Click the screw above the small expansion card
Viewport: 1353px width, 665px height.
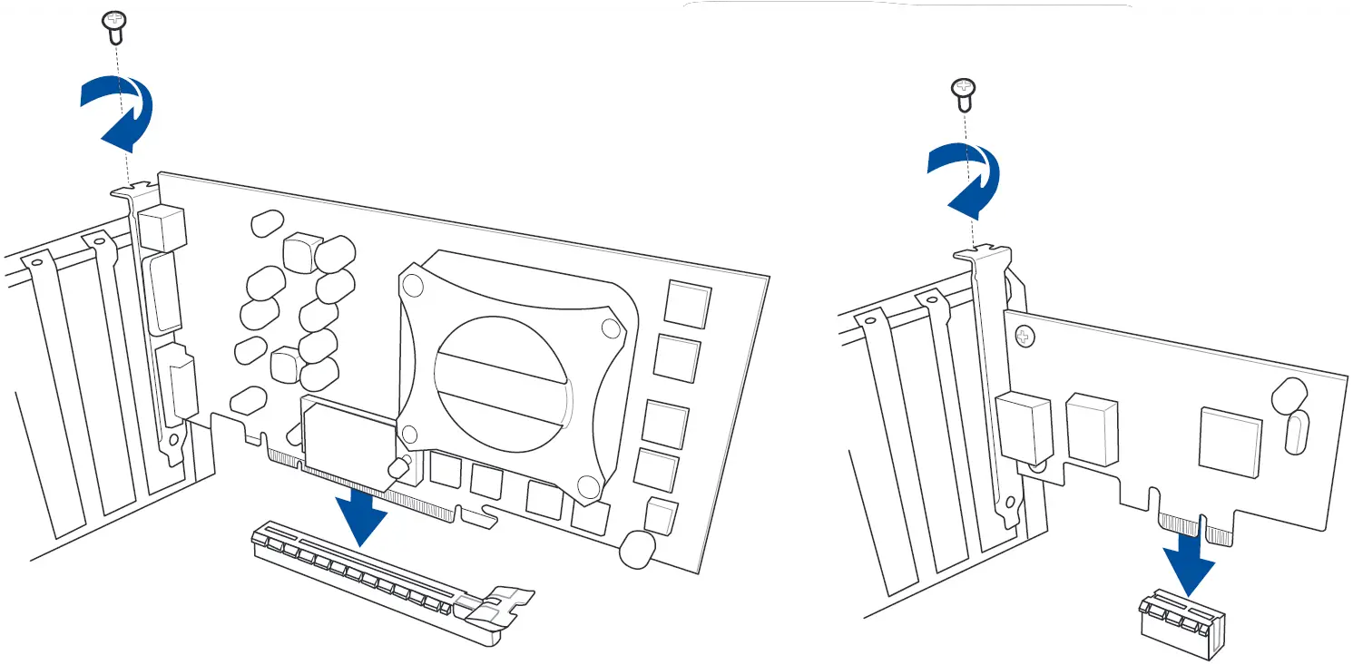click(964, 92)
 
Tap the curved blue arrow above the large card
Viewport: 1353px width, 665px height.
click(123, 112)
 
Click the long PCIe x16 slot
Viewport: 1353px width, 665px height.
click(363, 581)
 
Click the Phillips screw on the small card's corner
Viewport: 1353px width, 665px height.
click(1025, 337)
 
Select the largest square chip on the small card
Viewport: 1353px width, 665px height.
click(1230, 442)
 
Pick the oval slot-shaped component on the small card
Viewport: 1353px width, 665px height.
click(1298, 432)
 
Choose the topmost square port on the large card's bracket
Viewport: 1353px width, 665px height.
click(162, 227)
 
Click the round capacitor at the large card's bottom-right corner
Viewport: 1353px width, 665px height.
click(638, 548)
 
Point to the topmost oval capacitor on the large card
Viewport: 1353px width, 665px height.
click(267, 224)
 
